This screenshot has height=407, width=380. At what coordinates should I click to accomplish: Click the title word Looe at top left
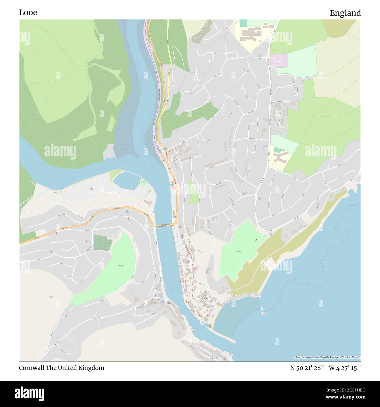(x=28, y=13)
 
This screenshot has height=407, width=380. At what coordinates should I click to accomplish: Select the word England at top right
(x=345, y=13)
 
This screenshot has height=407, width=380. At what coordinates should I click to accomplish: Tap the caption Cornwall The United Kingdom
(x=61, y=368)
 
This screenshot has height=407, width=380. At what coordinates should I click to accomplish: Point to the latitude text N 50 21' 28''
(x=307, y=368)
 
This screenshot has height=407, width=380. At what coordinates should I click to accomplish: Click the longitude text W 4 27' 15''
(x=345, y=368)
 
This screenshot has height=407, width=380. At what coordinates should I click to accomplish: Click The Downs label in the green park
(x=121, y=265)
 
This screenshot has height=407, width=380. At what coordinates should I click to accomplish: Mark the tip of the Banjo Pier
(x=234, y=341)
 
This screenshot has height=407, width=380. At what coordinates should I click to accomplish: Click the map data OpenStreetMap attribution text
(x=327, y=357)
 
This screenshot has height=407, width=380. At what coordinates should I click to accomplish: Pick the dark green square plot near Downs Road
(x=103, y=243)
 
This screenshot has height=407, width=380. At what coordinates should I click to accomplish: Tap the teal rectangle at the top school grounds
(x=243, y=23)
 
